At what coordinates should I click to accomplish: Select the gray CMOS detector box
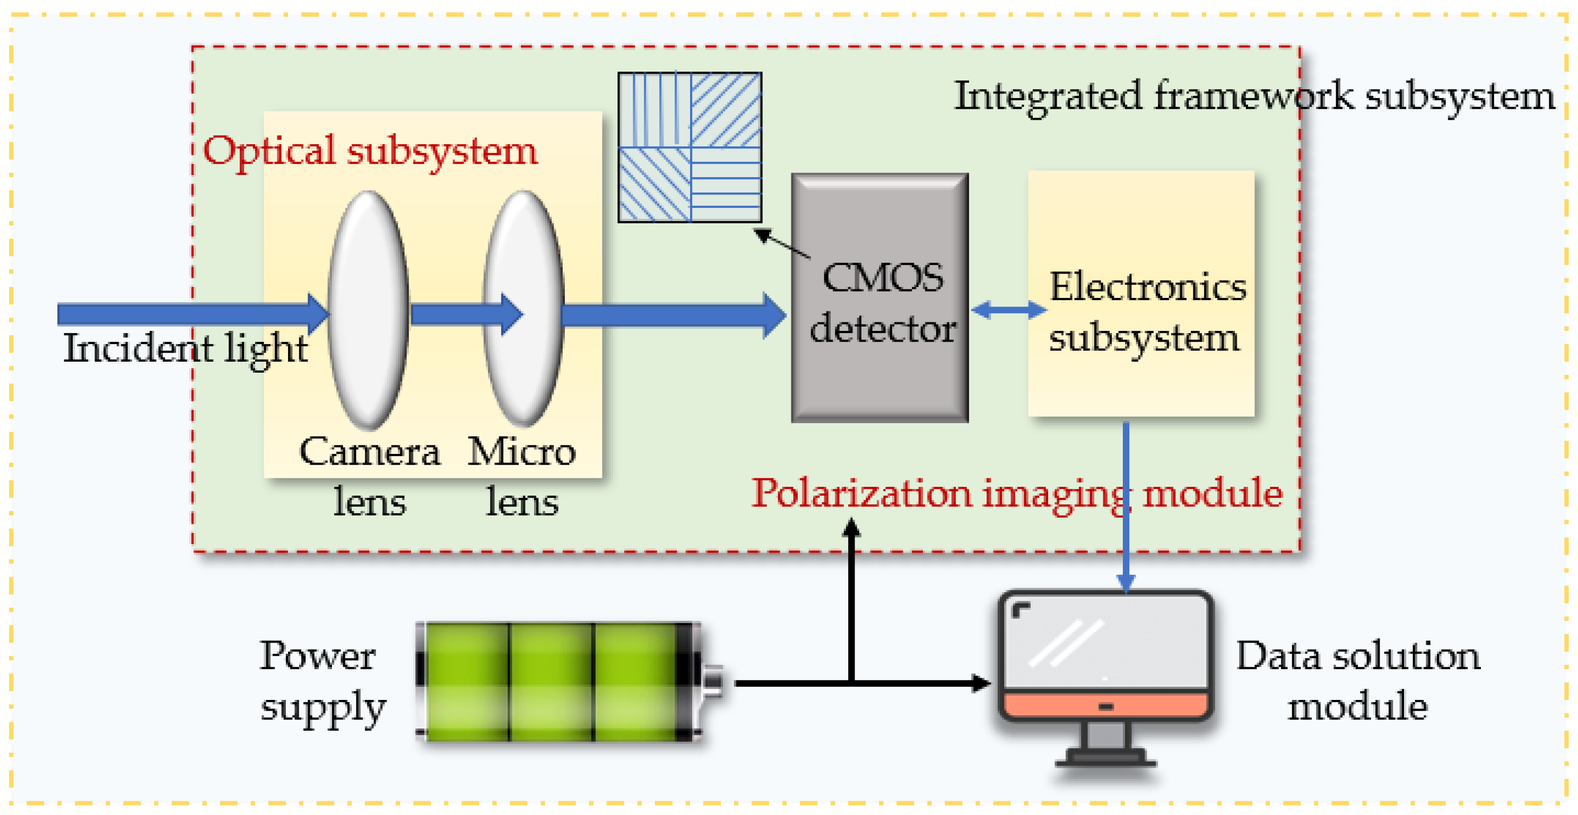click(879, 380)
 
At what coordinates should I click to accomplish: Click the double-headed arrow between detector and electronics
click(1009, 310)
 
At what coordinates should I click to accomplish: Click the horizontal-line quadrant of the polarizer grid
click(727, 183)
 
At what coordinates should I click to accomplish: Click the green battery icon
click(551, 681)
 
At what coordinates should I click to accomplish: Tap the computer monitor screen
click(1106, 643)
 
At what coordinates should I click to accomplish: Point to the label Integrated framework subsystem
click(1254, 97)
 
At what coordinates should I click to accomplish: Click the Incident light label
click(185, 348)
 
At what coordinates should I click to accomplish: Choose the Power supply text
click(322, 681)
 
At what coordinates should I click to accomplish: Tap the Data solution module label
click(1357, 681)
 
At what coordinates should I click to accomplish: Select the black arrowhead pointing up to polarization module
click(851, 528)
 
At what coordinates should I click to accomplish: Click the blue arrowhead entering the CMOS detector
click(774, 316)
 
